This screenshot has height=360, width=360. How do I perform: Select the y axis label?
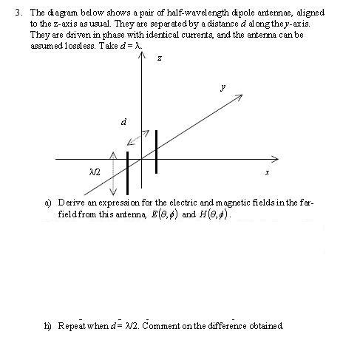(x=223, y=87)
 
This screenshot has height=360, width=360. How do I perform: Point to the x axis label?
(x=267, y=172)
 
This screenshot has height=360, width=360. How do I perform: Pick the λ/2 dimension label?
(x=93, y=171)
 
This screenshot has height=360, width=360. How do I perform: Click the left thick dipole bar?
(x=127, y=172)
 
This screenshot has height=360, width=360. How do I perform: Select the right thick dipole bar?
(x=156, y=152)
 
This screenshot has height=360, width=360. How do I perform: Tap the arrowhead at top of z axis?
(x=141, y=59)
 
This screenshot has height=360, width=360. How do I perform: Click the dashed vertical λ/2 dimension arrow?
(x=112, y=172)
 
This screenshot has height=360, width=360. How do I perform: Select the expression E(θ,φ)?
(x=163, y=215)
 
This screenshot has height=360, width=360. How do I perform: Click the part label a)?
(x=48, y=202)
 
